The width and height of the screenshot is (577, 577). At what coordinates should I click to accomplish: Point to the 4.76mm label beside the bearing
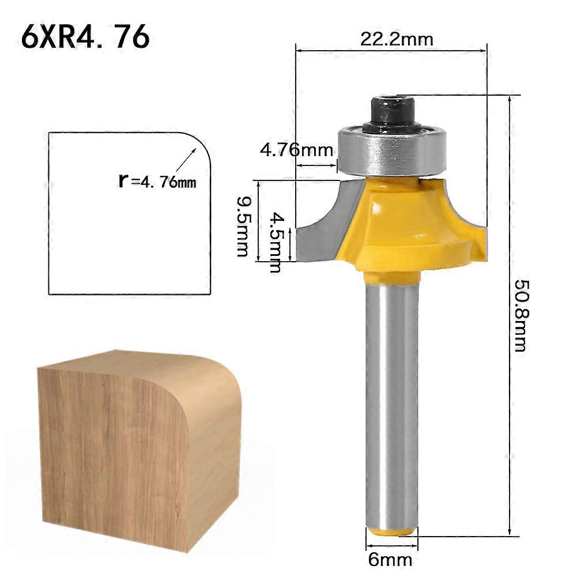296,150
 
